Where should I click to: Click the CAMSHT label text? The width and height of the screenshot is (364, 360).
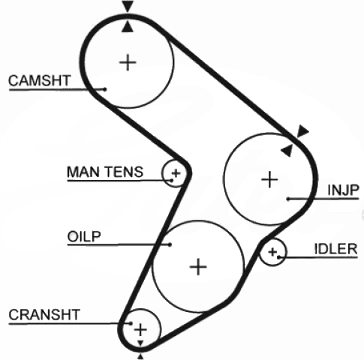40,80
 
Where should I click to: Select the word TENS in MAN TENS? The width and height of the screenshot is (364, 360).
124,172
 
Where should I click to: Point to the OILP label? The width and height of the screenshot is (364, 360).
84,236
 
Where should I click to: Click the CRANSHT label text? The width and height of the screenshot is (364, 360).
44,315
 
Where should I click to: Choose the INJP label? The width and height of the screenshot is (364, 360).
344,190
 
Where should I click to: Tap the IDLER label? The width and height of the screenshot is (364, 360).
335,249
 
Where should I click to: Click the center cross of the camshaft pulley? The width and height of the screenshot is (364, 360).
128,62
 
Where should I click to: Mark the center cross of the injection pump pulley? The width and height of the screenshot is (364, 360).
269,179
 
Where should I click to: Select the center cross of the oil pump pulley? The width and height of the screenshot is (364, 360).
198,267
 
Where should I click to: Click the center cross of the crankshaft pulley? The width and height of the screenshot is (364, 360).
140,329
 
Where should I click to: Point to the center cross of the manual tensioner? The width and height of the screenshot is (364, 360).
176,173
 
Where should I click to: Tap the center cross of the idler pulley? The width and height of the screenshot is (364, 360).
272,252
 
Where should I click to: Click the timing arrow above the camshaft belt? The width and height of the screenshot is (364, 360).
128,6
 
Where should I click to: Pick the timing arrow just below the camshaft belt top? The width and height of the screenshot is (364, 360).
128,26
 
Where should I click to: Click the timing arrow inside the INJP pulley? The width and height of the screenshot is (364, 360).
287,150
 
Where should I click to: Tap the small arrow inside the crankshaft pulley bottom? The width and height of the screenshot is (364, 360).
140,343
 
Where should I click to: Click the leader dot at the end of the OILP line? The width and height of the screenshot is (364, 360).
170,244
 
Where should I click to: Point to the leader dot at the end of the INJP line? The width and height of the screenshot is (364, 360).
288,199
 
